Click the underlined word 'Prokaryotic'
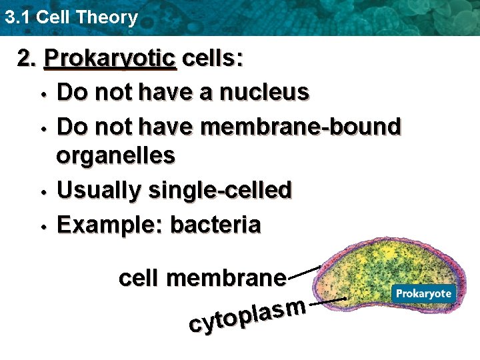click(x=109, y=60)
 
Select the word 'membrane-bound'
click(x=301, y=125)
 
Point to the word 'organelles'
click(x=116, y=156)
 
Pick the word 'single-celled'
click(x=221, y=191)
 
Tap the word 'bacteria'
click(x=216, y=225)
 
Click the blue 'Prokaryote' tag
click(x=423, y=294)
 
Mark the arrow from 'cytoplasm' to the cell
click(x=328, y=301)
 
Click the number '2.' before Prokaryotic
click(x=27, y=60)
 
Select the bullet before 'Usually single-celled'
click(x=43, y=193)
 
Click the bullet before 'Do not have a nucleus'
click(x=43, y=94)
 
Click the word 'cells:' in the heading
click(x=212, y=60)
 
